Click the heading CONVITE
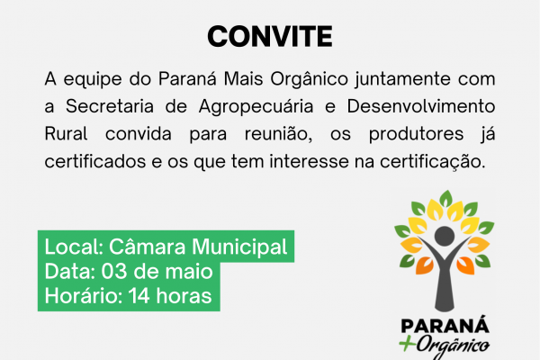point(270,37)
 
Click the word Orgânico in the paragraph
point(309,80)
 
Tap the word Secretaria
point(110,106)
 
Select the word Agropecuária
point(256,107)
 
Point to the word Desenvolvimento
point(421,106)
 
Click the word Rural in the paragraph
point(66,134)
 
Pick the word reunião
point(278,134)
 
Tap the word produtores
point(416,135)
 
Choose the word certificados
point(95,161)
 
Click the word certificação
point(432,162)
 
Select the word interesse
point(309,161)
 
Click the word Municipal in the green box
point(239,247)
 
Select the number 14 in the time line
point(139,296)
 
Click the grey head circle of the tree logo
point(445,237)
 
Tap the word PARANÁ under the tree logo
point(445,326)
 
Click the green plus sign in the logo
point(407,344)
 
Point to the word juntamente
point(402,80)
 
